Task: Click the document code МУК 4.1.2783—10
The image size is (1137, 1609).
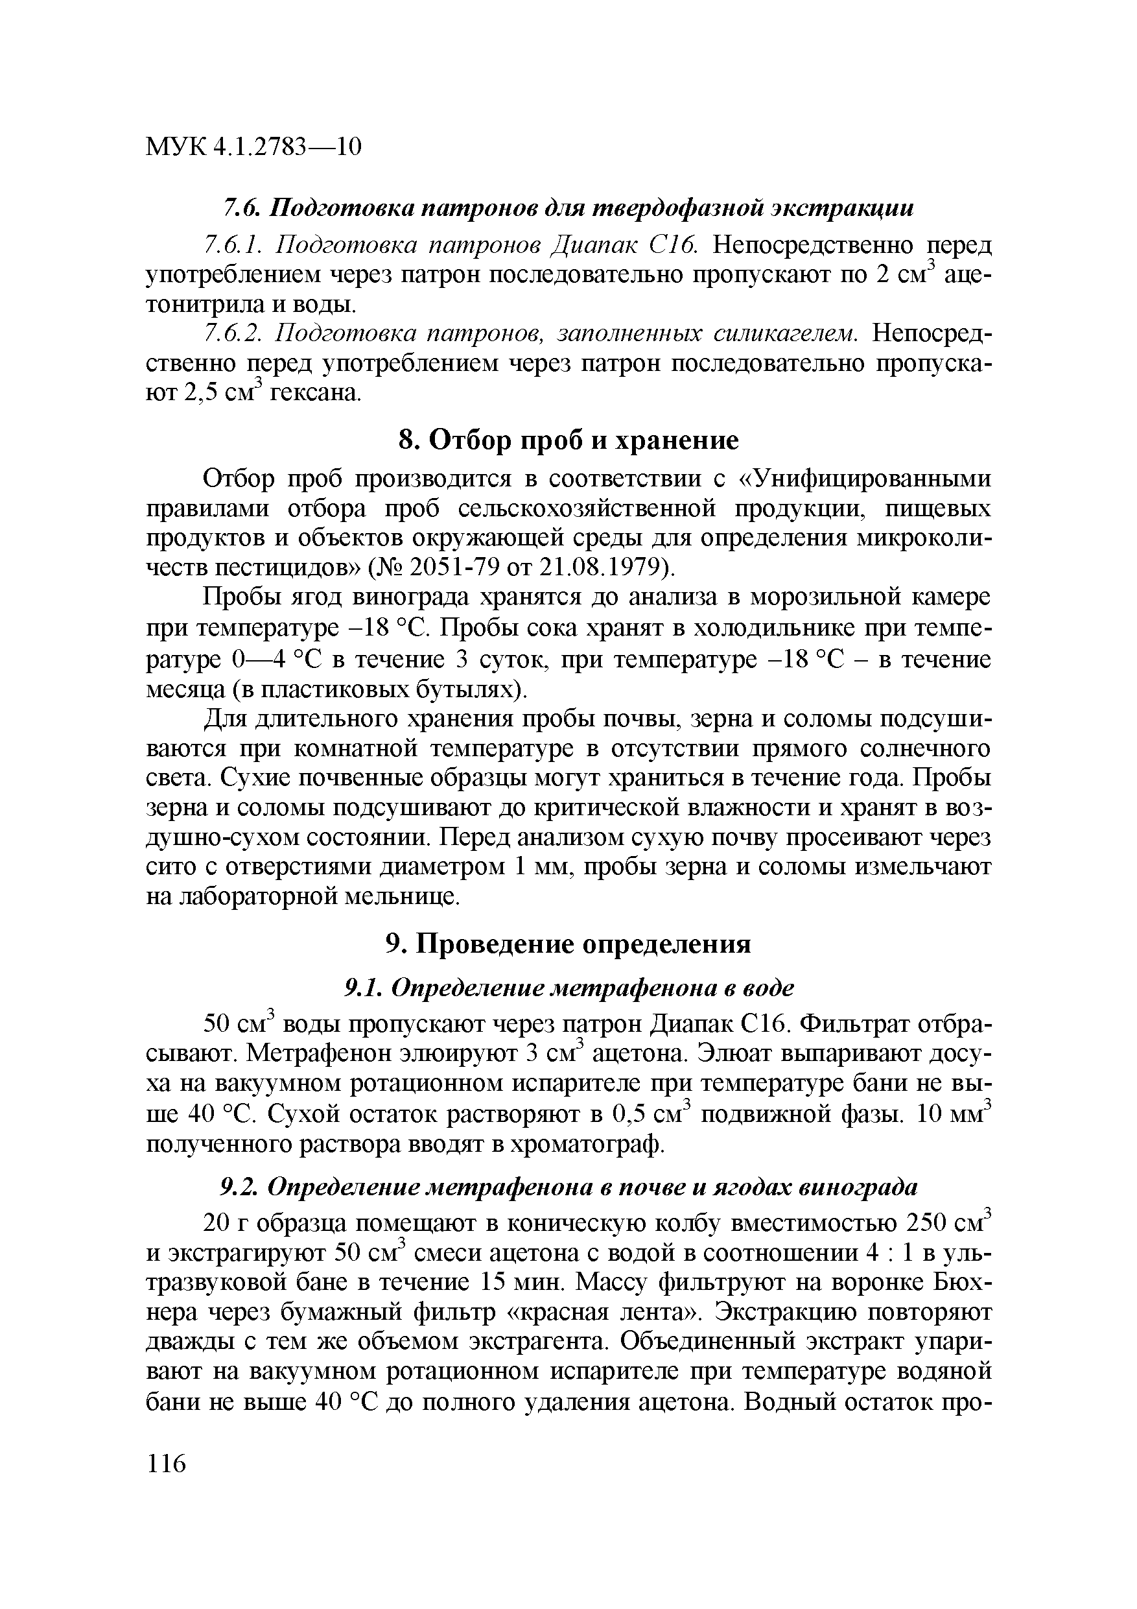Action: (253, 147)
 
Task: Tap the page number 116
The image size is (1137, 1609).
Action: (167, 1464)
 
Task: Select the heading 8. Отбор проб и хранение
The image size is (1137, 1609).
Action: (568, 441)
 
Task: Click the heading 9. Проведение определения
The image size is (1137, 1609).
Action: (568, 944)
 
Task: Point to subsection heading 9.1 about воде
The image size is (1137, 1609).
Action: (568, 988)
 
